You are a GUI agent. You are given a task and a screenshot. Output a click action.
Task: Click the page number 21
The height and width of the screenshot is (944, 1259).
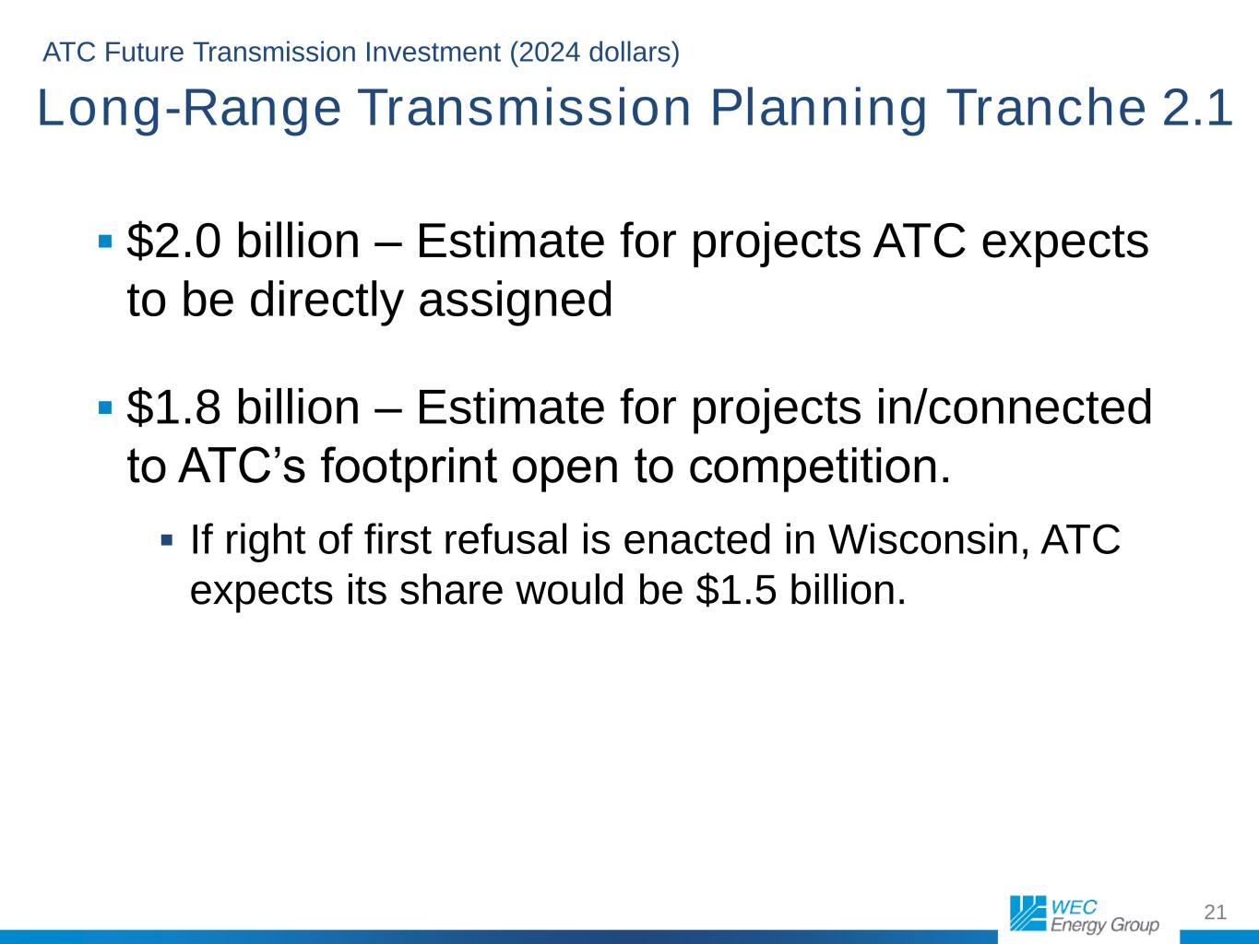1215,912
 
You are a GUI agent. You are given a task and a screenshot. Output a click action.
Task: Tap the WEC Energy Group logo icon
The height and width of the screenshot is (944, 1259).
1027,914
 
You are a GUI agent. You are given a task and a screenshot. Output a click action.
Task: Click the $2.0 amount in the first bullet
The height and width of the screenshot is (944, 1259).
173,241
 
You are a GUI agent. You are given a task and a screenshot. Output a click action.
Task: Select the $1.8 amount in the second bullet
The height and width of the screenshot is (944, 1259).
173,407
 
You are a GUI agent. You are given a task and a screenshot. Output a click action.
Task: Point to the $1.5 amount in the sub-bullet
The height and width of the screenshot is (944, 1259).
736,590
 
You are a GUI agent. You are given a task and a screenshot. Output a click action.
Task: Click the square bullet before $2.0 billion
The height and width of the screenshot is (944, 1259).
105,241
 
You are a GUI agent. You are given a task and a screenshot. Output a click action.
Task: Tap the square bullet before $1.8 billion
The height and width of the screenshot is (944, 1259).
105,407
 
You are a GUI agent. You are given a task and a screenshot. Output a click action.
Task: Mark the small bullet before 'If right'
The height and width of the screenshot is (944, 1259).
167,540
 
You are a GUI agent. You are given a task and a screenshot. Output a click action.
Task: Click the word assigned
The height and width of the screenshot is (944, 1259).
516,301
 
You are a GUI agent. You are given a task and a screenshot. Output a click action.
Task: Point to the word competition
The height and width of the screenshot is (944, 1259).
819,467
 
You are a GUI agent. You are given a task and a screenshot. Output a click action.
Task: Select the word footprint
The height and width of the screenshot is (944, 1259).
409,467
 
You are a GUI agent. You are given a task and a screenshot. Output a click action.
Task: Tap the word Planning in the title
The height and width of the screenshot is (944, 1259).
819,109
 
